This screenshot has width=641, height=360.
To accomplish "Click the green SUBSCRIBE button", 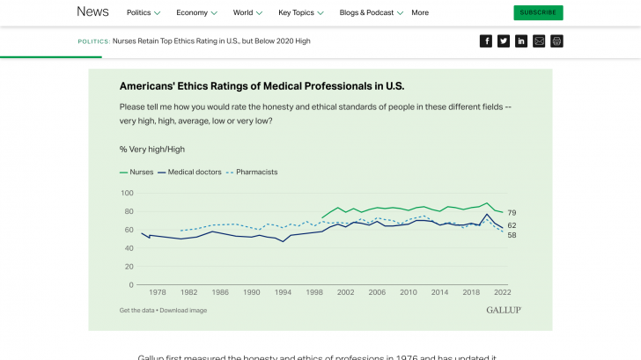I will click(x=538, y=12).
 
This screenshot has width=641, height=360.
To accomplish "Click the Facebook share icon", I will click(x=486, y=41).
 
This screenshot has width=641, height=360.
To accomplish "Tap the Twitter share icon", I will click(x=504, y=41).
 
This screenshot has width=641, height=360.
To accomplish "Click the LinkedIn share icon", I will click(x=521, y=41).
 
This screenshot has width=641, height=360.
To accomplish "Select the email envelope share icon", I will click(x=539, y=41).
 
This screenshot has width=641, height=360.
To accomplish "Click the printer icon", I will click(x=556, y=41).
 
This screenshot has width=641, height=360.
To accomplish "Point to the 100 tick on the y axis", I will click(x=127, y=193).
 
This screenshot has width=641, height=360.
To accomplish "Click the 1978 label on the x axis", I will click(x=157, y=292).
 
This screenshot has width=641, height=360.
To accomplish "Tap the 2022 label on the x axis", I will click(x=503, y=292).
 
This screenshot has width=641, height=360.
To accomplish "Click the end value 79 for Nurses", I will click(x=512, y=213).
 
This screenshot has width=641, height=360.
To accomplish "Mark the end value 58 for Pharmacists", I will click(x=512, y=235).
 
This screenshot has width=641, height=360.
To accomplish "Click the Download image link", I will click(x=183, y=310).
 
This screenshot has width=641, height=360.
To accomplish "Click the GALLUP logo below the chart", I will click(x=503, y=310).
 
